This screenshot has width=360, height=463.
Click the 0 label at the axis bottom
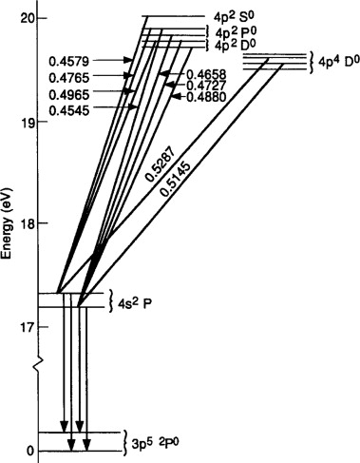click(29, 451)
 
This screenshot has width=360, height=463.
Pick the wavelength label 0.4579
click(69, 62)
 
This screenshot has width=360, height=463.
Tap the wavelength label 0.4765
click(69, 78)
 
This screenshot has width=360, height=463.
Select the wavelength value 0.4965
click(69, 94)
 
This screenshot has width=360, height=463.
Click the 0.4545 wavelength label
click(69, 110)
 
